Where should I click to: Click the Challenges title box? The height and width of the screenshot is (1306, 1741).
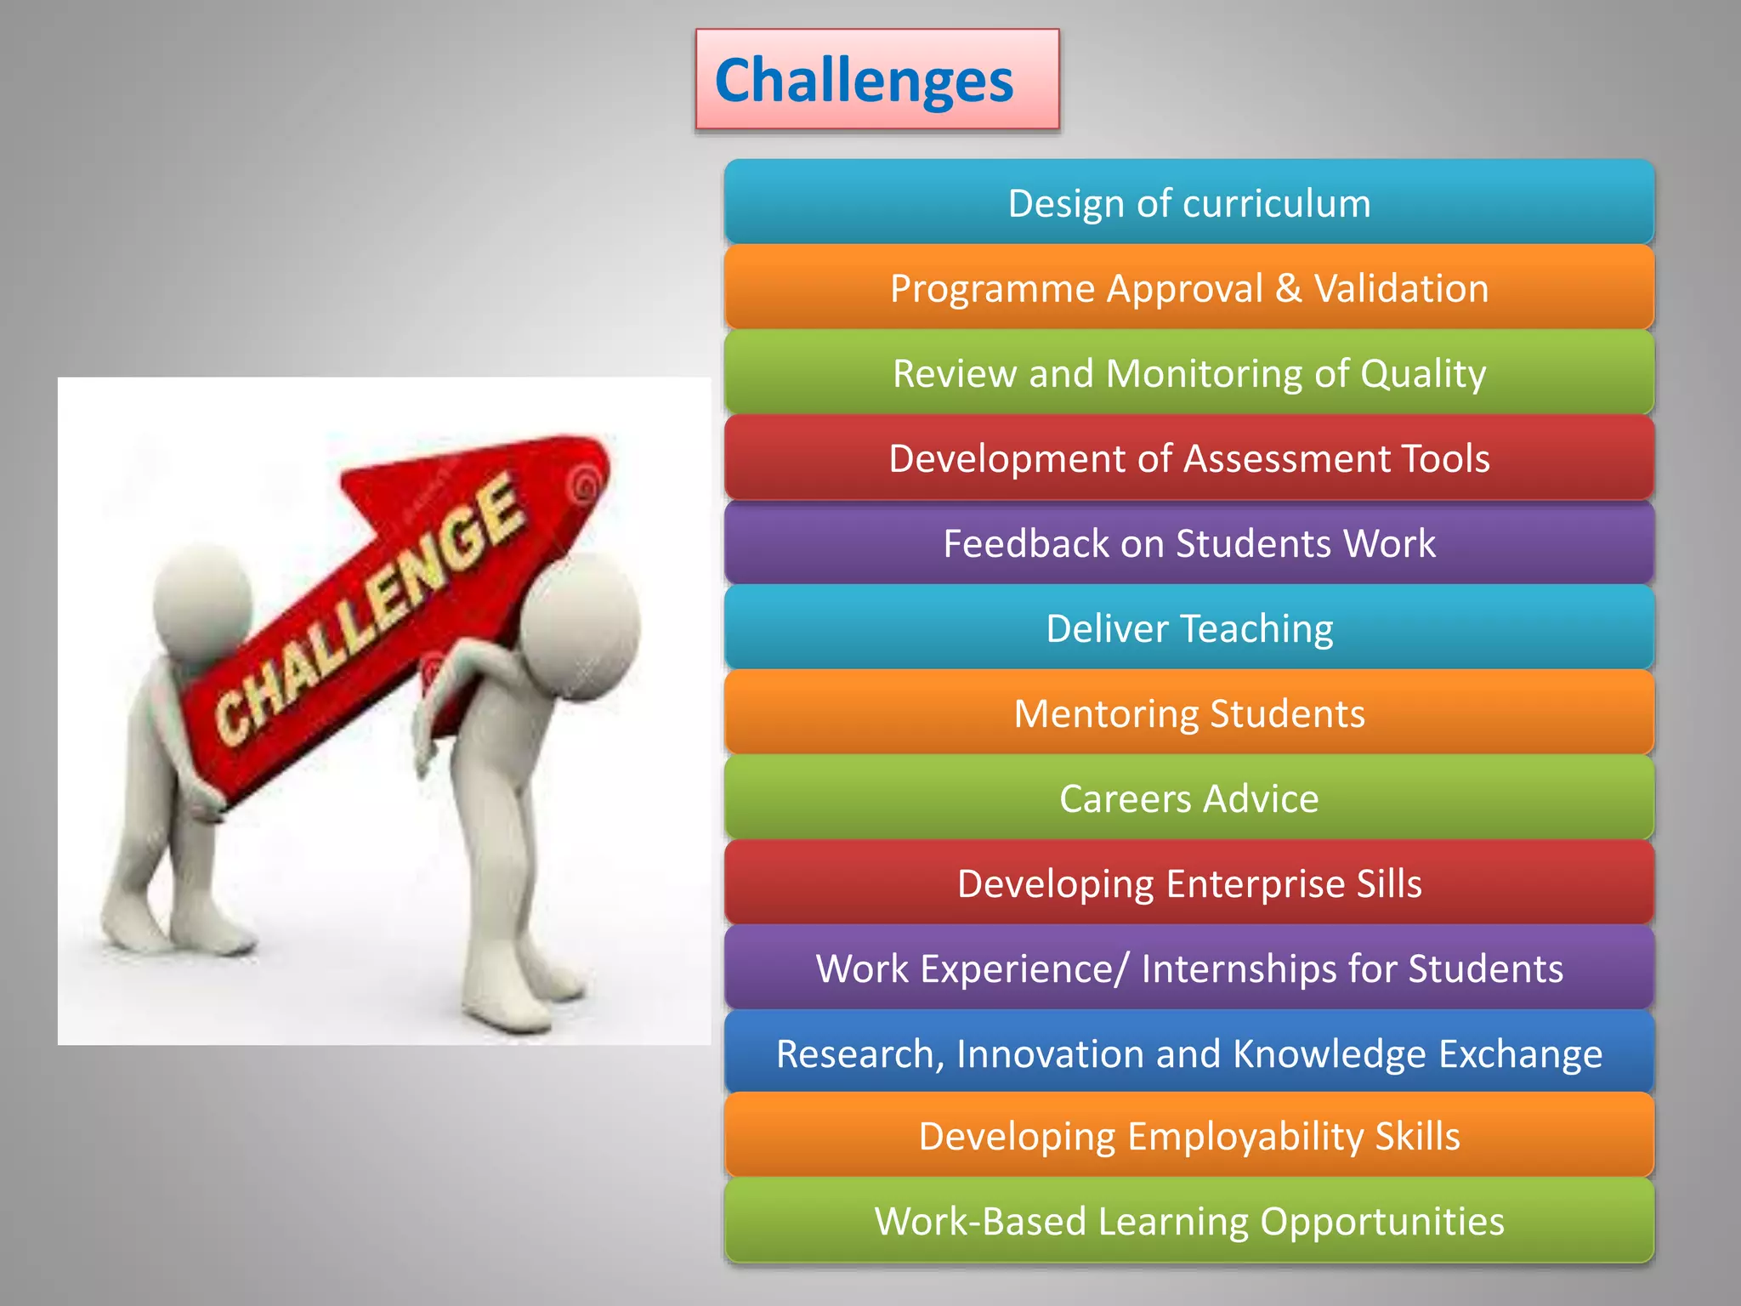pyautogui.click(x=876, y=79)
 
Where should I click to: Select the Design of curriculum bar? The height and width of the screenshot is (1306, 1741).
pyautogui.click(x=1188, y=203)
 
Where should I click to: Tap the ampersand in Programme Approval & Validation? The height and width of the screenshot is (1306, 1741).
pyautogui.click(x=1288, y=288)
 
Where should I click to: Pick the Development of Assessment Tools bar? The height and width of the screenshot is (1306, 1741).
pyautogui.click(x=1188, y=458)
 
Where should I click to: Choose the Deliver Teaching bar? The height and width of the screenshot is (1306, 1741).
pyautogui.click(x=1188, y=628)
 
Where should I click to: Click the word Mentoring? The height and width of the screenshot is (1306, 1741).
pyautogui.click(x=1105, y=713)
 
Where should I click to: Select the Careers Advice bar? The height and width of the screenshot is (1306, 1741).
pyautogui.click(x=1188, y=798)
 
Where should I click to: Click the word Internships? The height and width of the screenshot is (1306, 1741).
pyautogui.click(x=1235, y=968)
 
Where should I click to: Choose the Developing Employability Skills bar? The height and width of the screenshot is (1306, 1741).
pyautogui.click(x=1188, y=1136)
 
